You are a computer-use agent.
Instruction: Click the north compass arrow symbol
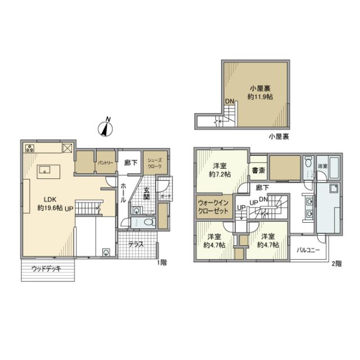[x=105, y=128]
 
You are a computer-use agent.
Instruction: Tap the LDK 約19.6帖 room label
[x=49, y=203]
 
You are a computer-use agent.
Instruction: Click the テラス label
[x=135, y=245]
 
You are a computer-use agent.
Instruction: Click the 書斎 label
[x=259, y=170]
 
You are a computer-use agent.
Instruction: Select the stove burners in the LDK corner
[x=30, y=149]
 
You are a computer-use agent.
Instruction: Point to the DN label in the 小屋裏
[x=229, y=101]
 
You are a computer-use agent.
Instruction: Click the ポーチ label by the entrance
[x=165, y=197]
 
